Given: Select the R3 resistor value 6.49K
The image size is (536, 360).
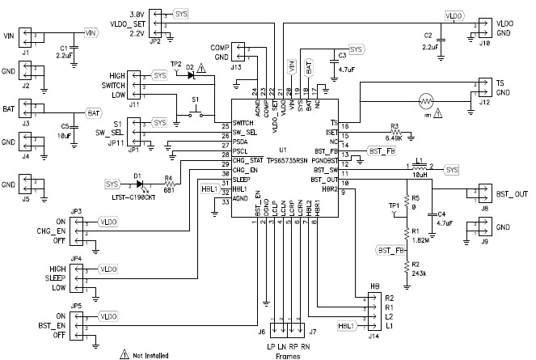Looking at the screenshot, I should tap(395, 135).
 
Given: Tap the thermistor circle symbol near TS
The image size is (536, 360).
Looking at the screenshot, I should tap(425, 102).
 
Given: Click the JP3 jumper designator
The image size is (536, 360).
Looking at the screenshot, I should tap(76, 212).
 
